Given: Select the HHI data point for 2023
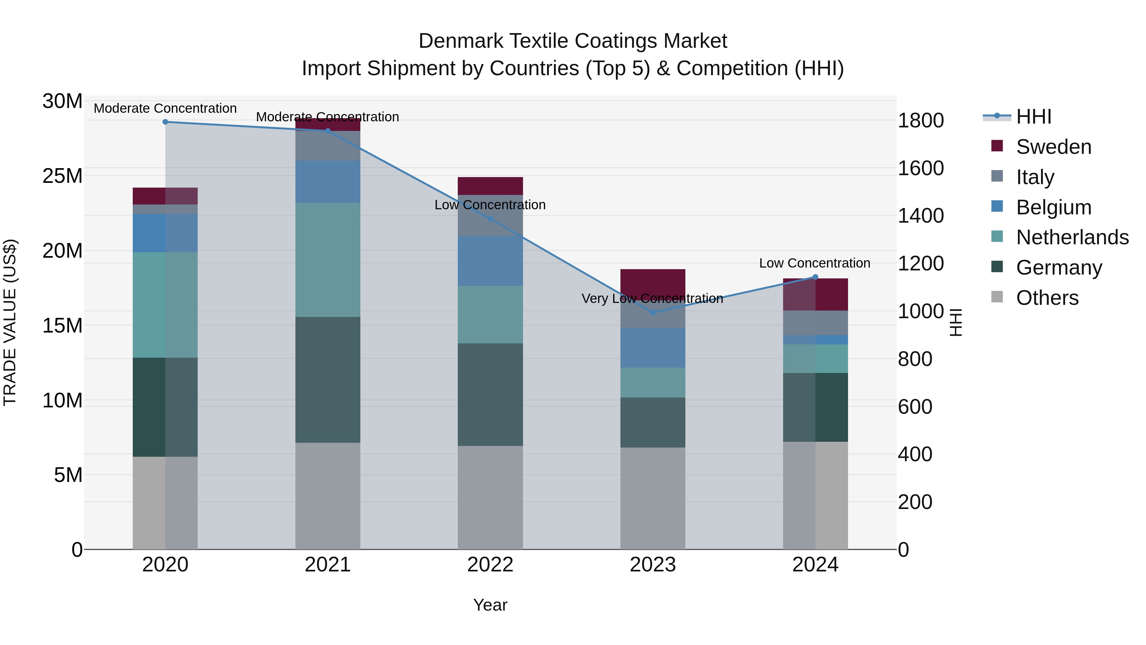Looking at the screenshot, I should pos(653,312).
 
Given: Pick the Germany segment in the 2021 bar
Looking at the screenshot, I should pos(328,379).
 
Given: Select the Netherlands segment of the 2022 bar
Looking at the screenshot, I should pos(490,314).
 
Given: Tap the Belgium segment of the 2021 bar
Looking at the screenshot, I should pos(328,182).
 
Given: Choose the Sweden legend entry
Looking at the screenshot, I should pos(1053,147).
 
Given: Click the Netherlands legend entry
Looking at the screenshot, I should pos(1072,237).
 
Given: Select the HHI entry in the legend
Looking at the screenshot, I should pos(1033,117).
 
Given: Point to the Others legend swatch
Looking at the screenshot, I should pos(997,297).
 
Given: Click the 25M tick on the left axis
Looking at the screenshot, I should pos(62,176).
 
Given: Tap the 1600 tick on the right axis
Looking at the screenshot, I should pos(920,168).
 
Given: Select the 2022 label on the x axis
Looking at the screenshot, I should pos(490,565).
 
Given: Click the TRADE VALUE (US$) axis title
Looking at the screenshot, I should pos(10,322).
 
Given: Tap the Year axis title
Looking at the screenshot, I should pos(490,605).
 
